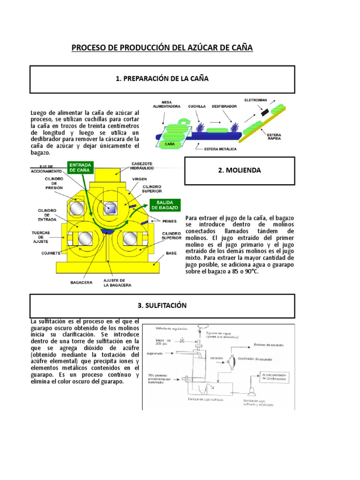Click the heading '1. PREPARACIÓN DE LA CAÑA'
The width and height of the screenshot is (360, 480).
[x=162, y=79]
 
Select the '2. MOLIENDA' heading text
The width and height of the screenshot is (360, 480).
[x=240, y=171]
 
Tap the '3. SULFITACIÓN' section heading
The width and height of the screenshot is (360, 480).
[x=162, y=305]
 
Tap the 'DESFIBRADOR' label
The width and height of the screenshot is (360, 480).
[x=224, y=106]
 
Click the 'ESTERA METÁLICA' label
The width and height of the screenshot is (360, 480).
[x=220, y=149]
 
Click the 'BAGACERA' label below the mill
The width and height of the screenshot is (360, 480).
[x=80, y=283]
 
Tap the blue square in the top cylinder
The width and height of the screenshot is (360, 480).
[x=111, y=208]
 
